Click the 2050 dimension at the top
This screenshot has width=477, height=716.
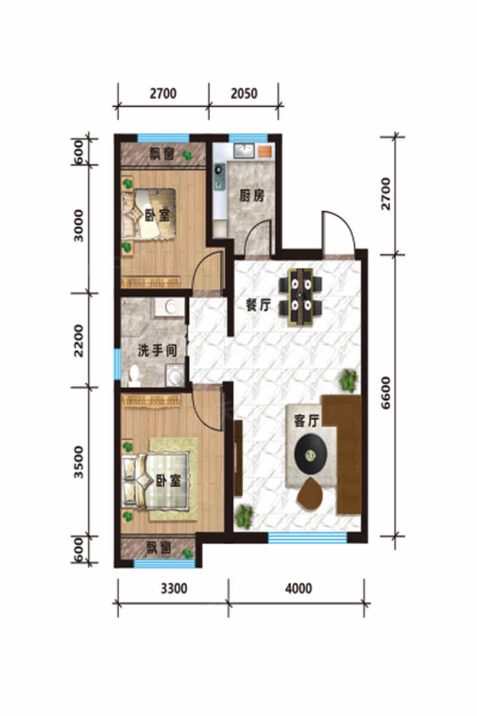click(x=244, y=94)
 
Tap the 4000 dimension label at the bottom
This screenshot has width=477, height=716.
click(x=298, y=588)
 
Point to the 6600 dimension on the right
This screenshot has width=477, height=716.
click(x=386, y=393)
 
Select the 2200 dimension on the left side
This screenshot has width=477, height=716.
click(x=78, y=341)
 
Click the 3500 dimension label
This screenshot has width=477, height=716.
click(x=78, y=462)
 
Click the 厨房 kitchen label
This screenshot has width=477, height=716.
click(x=252, y=196)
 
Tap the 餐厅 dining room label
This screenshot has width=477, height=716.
click(x=258, y=305)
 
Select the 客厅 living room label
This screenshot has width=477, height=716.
click(x=306, y=421)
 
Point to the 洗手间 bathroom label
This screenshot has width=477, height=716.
click(x=157, y=350)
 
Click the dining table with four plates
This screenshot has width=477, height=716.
click(x=301, y=297)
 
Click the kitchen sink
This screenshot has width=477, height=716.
click(x=244, y=150)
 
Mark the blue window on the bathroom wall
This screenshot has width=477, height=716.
click(x=117, y=364)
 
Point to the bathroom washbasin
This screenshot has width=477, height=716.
click(x=170, y=307)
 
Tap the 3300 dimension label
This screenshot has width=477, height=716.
click(x=174, y=588)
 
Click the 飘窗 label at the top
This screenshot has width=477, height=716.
click(x=162, y=154)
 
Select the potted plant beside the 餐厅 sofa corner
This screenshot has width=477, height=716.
click(x=348, y=381)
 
